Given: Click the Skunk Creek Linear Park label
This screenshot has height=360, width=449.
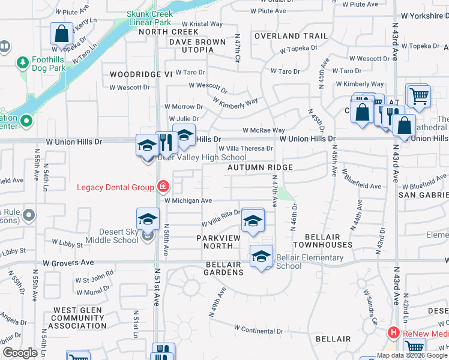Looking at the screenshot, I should pos(149,18).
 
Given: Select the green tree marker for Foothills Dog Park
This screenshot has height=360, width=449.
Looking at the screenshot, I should pos(22,62).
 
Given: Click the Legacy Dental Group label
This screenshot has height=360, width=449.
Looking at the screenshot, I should pos(115,187).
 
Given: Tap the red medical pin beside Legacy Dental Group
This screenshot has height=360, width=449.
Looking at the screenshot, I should pos(161,187).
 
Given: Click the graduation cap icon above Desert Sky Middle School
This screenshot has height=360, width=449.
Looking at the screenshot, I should pos(148,220).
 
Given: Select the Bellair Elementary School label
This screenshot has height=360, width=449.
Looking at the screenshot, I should pos(310,262).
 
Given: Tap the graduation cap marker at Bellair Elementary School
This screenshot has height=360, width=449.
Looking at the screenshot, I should pos(261,257).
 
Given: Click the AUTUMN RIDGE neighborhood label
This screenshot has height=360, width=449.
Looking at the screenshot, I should pos(260,167).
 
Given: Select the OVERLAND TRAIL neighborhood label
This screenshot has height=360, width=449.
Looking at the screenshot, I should pos(291,36).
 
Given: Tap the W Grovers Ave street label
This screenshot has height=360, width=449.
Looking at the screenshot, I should pos(68,263).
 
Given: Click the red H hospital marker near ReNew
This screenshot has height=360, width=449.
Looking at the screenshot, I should pos(394,332).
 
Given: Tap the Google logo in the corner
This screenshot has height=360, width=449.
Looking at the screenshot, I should pos(20,353).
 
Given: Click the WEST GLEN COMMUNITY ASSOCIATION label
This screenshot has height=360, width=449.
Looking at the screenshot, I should pos(77,318).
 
